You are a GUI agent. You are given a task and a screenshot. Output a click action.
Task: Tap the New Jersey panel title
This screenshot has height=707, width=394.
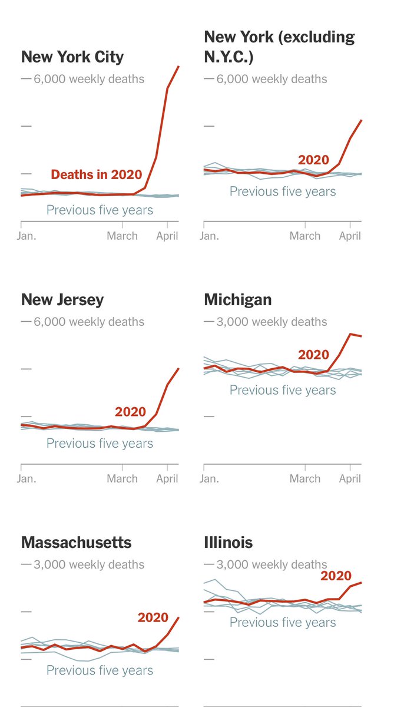[x=62, y=299]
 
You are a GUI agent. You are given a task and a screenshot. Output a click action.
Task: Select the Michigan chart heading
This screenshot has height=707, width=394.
[x=238, y=299]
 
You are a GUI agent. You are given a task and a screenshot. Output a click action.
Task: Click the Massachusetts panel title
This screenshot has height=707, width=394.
[x=77, y=542]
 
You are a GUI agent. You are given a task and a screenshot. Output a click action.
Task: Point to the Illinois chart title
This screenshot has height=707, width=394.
[x=229, y=542]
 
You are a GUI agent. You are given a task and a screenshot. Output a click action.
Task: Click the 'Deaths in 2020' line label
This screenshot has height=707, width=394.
[x=97, y=174]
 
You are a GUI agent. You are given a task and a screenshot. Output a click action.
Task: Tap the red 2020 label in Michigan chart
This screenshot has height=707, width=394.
[x=313, y=355]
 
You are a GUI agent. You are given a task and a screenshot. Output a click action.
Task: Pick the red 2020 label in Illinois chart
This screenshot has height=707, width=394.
[x=336, y=576]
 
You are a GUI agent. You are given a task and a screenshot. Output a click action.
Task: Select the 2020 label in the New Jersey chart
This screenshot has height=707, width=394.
[x=130, y=412]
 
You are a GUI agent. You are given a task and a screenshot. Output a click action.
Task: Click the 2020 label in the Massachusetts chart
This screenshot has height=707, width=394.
[x=153, y=617]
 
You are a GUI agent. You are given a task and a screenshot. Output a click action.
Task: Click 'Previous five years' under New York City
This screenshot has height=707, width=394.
[x=100, y=210]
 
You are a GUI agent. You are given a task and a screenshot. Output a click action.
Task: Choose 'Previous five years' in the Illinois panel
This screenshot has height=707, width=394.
[x=283, y=622]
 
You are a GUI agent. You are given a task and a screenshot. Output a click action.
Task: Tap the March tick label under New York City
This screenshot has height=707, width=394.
[x=122, y=236]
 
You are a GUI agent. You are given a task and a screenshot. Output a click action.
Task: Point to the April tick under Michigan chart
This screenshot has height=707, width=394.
[x=350, y=478]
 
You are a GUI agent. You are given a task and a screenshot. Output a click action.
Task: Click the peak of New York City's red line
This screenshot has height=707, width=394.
[x=178, y=67]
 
